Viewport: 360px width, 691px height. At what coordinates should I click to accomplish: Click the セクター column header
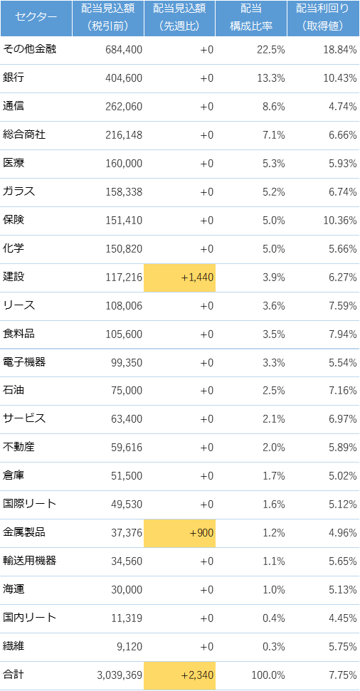click(x=36, y=18)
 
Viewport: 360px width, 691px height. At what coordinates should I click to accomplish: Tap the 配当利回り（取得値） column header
click(x=324, y=18)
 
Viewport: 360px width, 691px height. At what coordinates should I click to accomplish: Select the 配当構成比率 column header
click(x=251, y=18)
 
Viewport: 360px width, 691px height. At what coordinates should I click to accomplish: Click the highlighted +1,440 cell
click(x=180, y=278)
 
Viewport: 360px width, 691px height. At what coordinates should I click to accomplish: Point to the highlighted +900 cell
click(x=180, y=533)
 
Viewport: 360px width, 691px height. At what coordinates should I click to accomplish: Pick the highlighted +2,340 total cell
click(x=180, y=675)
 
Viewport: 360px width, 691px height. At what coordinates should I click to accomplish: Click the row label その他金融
click(x=29, y=50)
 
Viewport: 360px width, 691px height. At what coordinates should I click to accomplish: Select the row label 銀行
click(x=14, y=78)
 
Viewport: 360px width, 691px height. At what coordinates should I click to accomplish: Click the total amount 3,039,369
click(x=120, y=675)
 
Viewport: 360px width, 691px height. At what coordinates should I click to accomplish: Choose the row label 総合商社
click(x=24, y=134)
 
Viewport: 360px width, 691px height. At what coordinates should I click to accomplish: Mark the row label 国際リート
click(x=29, y=505)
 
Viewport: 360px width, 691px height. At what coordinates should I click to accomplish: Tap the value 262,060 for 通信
click(x=124, y=107)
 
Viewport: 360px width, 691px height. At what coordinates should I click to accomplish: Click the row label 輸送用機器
click(x=29, y=561)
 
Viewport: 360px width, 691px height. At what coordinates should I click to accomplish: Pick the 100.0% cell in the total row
click(x=268, y=675)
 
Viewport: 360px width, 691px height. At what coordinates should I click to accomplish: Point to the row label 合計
click(x=14, y=675)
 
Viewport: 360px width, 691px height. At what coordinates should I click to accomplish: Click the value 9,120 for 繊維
click(x=130, y=647)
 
